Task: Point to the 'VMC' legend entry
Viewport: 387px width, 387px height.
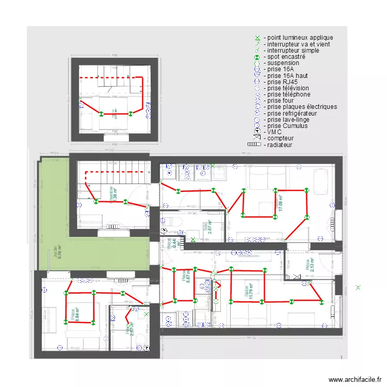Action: [274, 132]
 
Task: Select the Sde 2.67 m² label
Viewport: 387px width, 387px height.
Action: [207, 227]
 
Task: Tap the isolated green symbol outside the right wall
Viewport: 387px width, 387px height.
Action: [359, 287]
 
